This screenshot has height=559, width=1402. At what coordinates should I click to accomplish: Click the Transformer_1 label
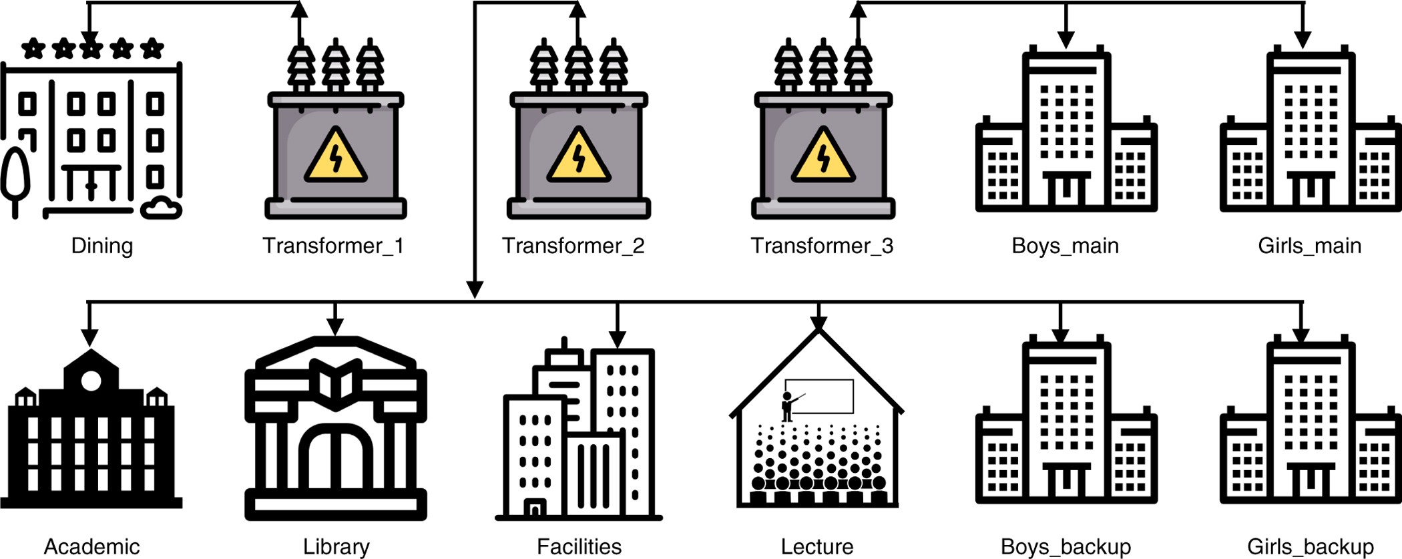pyautogui.click(x=333, y=246)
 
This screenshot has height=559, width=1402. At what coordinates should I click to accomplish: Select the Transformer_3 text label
pyautogui.click(x=822, y=246)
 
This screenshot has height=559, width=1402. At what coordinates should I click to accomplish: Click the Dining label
pyautogui.click(x=102, y=246)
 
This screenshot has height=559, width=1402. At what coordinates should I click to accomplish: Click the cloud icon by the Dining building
pyautogui.click(x=161, y=208)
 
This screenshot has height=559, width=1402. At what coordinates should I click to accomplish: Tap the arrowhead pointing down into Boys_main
pyautogui.click(x=1066, y=39)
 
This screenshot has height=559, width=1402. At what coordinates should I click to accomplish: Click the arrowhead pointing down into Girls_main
pyautogui.click(x=1302, y=39)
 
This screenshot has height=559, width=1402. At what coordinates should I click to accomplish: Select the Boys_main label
pyautogui.click(x=1065, y=246)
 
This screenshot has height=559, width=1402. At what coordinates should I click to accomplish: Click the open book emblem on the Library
pyautogui.click(x=336, y=384)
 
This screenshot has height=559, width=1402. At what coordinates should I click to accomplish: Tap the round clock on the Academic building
pyautogui.click(x=91, y=381)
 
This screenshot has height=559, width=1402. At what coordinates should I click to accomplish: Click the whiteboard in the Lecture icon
pyautogui.click(x=819, y=397)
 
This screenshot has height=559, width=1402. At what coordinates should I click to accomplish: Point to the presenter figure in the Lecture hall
pyautogui.click(x=789, y=406)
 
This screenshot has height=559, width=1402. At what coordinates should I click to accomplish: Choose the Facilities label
pyautogui.click(x=579, y=547)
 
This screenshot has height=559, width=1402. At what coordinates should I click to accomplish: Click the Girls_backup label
pyautogui.click(x=1310, y=547)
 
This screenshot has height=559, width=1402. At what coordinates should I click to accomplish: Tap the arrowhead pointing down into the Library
pyautogui.click(x=335, y=327)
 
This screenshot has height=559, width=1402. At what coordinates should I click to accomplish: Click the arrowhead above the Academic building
pyautogui.click(x=89, y=337)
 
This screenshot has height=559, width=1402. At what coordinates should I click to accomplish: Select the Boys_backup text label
pyautogui.click(x=1066, y=547)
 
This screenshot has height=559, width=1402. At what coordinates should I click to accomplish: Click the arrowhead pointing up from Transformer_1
pyautogui.click(x=300, y=10)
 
